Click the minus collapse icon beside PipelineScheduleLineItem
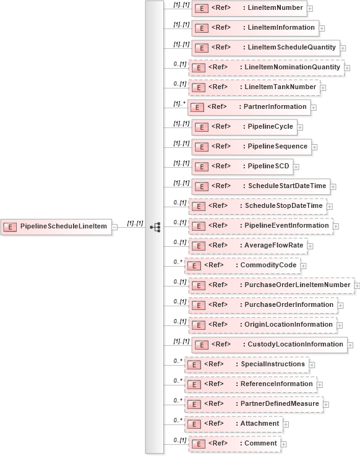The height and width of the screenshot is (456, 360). click(115, 227)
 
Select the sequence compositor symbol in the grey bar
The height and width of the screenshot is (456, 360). click(155, 227)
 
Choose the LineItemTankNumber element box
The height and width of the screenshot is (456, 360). click(254, 87)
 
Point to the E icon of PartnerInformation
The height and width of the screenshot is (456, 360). click(196, 107)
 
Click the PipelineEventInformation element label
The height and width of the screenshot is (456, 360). click(286, 225)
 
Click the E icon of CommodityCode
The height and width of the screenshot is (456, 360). click(193, 265)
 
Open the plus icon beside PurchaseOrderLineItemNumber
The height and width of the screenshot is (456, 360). click(358, 286)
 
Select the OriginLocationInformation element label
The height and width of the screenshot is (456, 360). click(288, 324)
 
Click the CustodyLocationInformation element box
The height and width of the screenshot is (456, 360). click(269, 345)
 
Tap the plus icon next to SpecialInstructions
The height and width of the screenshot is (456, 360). click(312, 364)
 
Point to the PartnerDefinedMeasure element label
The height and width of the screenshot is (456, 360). click(279, 403)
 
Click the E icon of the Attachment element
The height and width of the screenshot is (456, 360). click(194, 424)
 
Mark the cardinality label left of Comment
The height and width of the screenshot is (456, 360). click(179, 441)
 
